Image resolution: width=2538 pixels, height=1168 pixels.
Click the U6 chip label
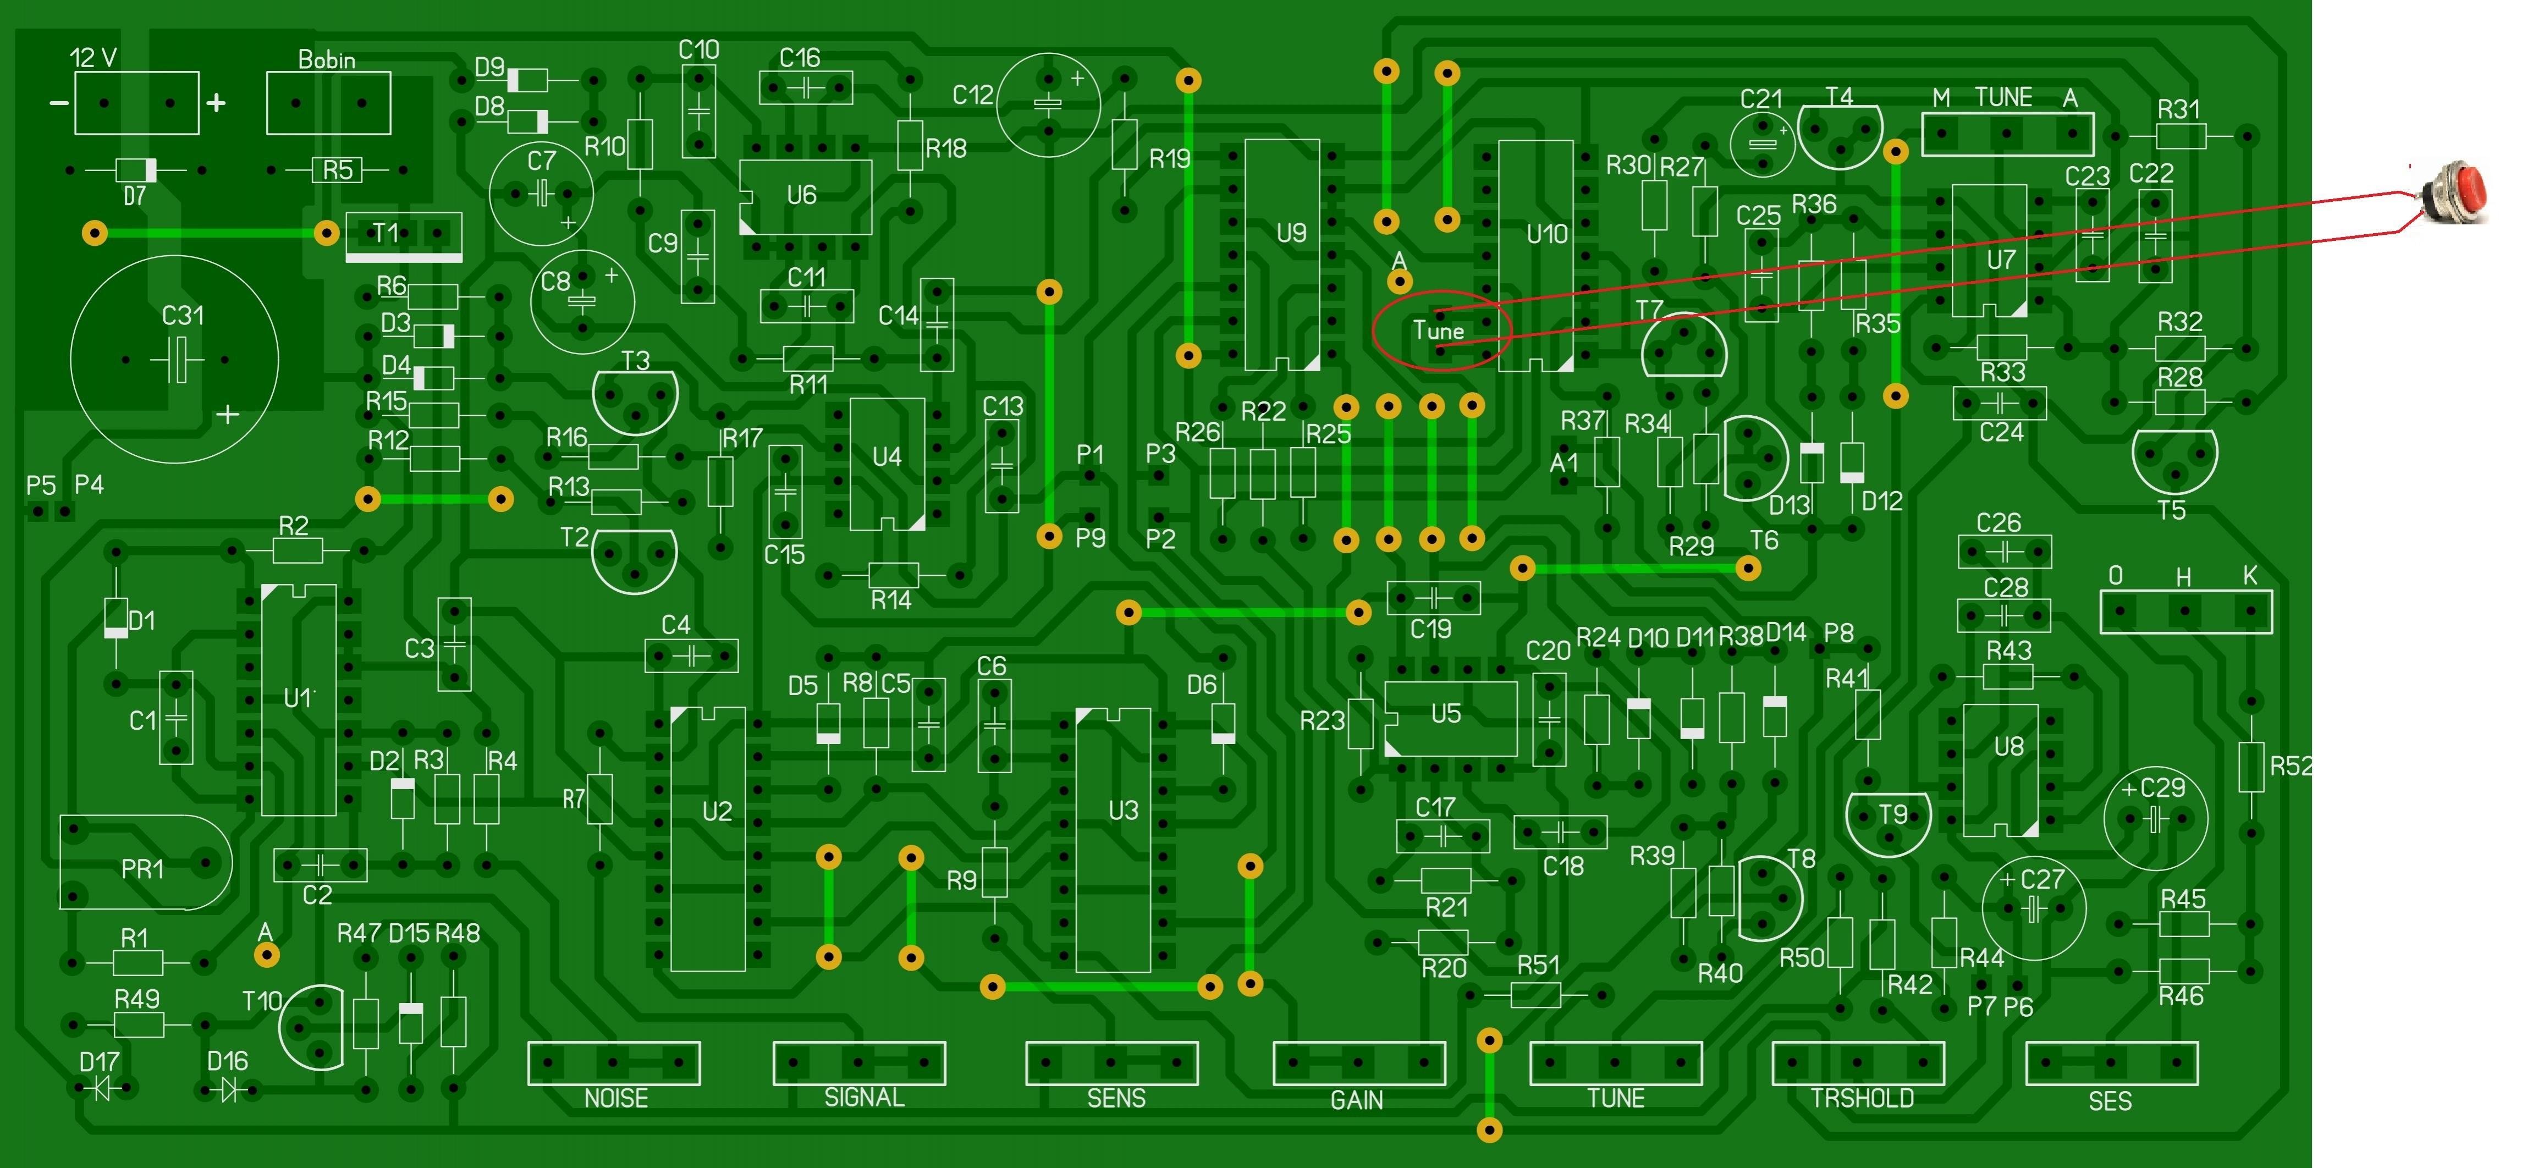(x=801, y=195)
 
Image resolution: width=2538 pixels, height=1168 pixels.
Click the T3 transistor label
(x=636, y=361)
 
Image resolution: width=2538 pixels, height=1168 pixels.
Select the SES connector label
(x=2110, y=1101)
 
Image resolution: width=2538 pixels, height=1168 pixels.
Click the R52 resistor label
(x=2291, y=766)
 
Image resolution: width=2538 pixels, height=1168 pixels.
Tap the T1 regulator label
(x=385, y=233)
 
